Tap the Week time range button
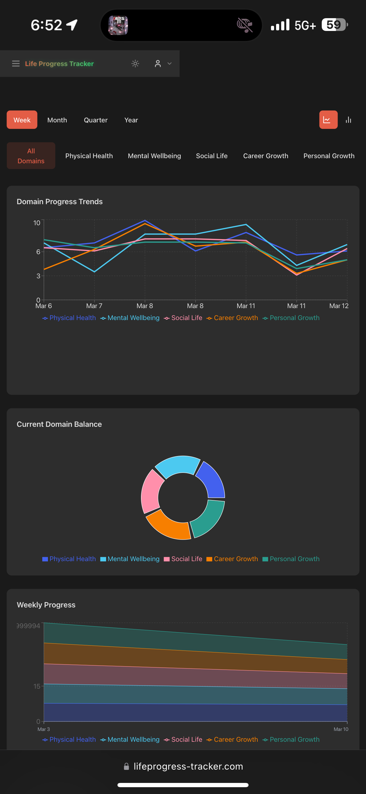click(x=22, y=120)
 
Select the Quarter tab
click(x=96, y=120)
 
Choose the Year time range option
click(x=131, y=120)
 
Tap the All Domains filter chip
click(x=31, y=156)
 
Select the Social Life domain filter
click(x=212, y=156)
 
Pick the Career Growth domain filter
click(x=266, y=156)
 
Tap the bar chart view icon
click(x=348, y=120)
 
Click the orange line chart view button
click(x=328, y=120)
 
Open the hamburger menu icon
click(x=16, y=64)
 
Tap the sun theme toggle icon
click(x=135, y=64)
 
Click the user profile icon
click(x=158, y=64)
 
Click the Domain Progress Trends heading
click(x=60, y=202)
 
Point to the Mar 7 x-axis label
click(x=94, y=306)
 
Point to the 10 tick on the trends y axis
click(x=37, y=223)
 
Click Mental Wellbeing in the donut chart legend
click(x=133, y=559)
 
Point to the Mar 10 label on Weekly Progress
click(x=341, y=729)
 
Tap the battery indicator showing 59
click(x=334, y=25)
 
